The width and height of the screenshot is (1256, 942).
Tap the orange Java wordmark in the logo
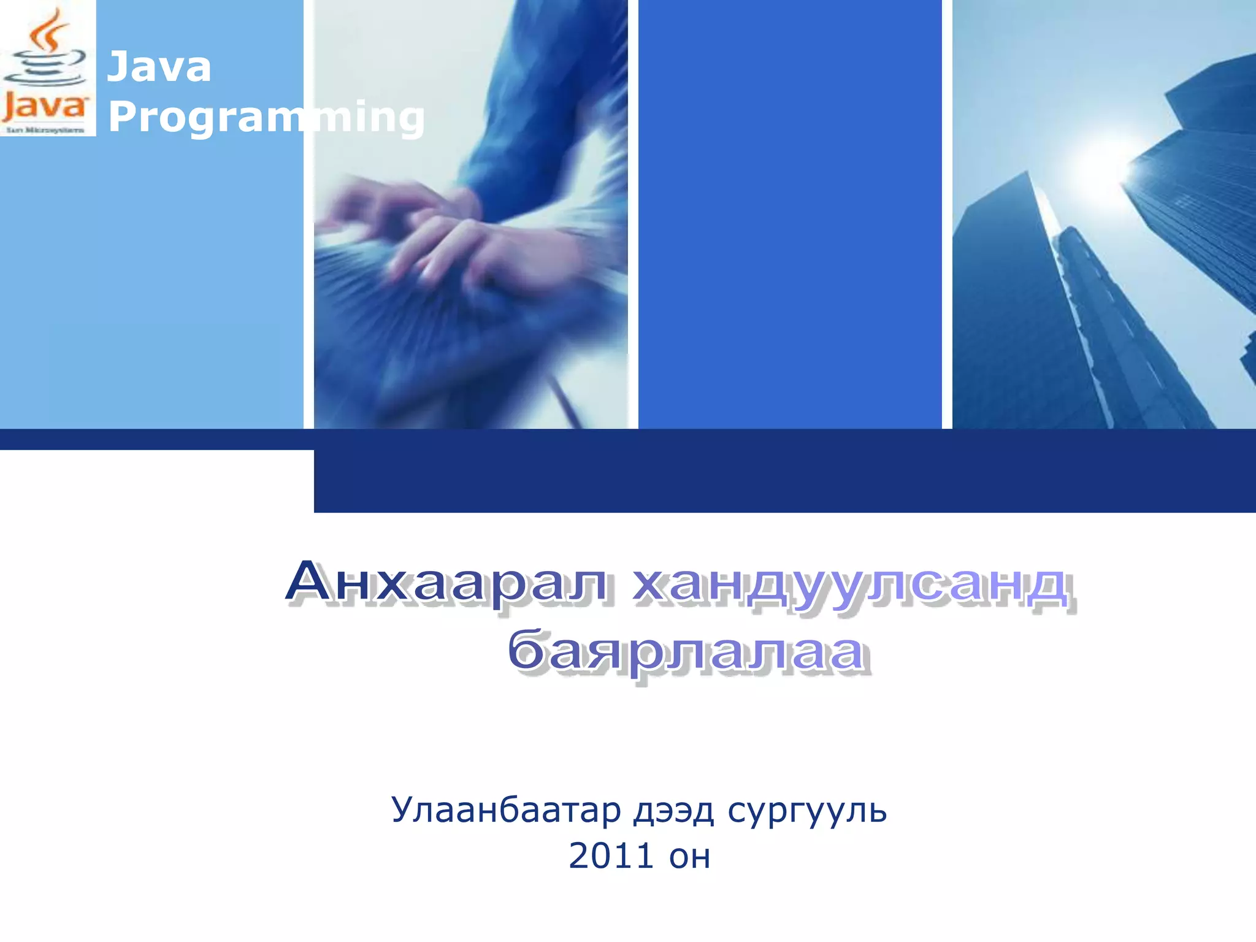point(44,107)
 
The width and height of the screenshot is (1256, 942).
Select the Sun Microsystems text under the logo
point(45,130)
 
